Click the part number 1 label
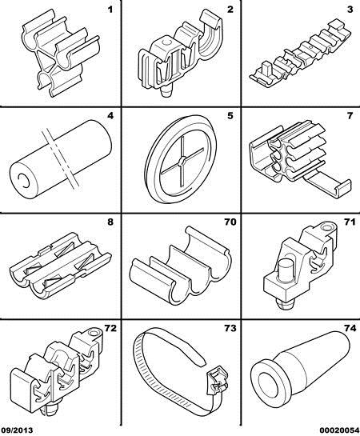(110, 10)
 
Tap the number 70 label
(230, 222)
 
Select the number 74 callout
(350, 328)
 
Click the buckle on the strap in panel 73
(217, 380)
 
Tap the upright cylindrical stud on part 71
(286, 269)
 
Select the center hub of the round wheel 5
(182, 161)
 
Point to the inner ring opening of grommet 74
(269, 385)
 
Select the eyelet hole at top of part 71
(326, 227)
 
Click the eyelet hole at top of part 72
(93, 333)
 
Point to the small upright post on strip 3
(266, 69)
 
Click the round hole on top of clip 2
(166, 42)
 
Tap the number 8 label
(110, 222)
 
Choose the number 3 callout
(350, 10)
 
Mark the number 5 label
(230, 116)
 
